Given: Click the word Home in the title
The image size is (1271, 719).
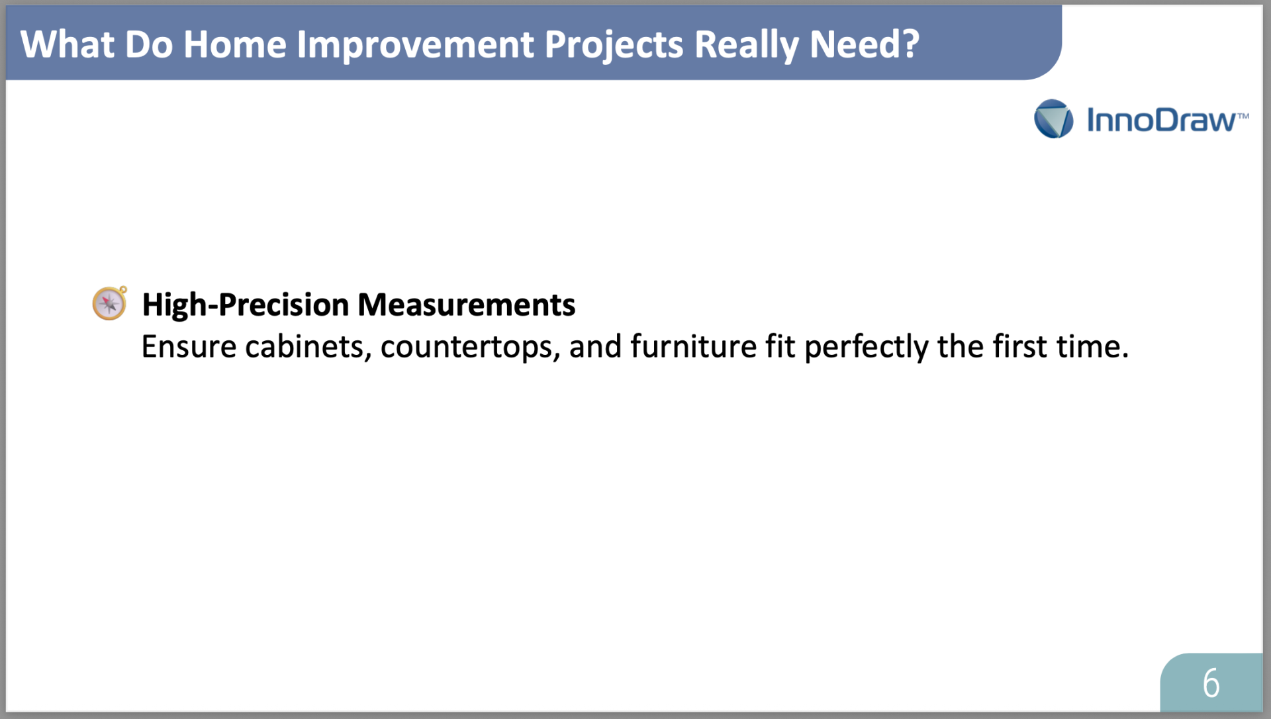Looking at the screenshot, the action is tap(234, 44).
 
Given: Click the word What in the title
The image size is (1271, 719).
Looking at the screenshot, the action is tap(67, 44).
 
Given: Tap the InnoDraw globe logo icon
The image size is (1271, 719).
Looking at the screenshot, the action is tap(1053, 119).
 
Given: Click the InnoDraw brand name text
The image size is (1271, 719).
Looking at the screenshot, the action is tap(1160, 120).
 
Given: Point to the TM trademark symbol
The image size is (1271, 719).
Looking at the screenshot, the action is tap(1243, 117).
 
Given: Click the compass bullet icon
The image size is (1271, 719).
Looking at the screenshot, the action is tap(110, 303).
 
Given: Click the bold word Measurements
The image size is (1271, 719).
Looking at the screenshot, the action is tap(466, 305).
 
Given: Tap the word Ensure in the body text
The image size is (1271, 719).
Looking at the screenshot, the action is tap(189, 346).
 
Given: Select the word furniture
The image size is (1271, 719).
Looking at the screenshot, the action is tap(693, 346).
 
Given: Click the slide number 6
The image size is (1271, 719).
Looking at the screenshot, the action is tap(1211, 683).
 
